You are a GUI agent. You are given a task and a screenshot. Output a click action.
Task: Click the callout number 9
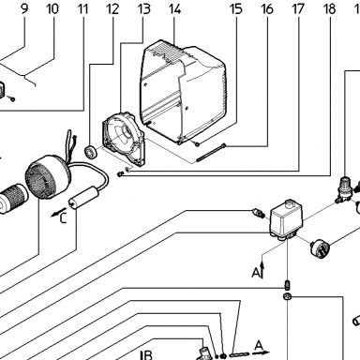(x=24, y=8)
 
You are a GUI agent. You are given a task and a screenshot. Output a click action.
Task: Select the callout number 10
(x=52, y=8)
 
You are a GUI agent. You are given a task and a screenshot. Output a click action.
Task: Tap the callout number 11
(x=82, y=8)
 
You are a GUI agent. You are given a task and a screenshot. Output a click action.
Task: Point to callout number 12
(x=112, y=8)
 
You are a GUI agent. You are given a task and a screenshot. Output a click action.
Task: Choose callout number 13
(x=143, y=8)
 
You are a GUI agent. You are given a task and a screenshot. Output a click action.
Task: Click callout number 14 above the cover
(x=174, y=8)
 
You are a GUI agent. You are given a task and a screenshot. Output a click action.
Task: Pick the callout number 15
(x=236, y=8)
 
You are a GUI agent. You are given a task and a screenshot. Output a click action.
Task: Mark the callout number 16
(x=267, y=8)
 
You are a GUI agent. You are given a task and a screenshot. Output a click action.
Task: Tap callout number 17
(x=298, y=8)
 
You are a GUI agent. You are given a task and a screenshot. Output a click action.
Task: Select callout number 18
(x=330, y=8)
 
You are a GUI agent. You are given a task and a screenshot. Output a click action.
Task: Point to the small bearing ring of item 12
(x=91, y=151)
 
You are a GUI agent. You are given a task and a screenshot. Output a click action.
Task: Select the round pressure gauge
(x=319, y=247)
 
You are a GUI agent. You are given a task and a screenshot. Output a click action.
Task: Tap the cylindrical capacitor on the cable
(x=83, y=197)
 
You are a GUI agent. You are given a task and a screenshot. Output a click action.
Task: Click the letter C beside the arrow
(x=64, y=217)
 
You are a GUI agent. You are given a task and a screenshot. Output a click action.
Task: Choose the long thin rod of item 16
(x=211, y=153)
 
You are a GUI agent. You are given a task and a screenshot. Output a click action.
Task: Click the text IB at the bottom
(x=146, y=355)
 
